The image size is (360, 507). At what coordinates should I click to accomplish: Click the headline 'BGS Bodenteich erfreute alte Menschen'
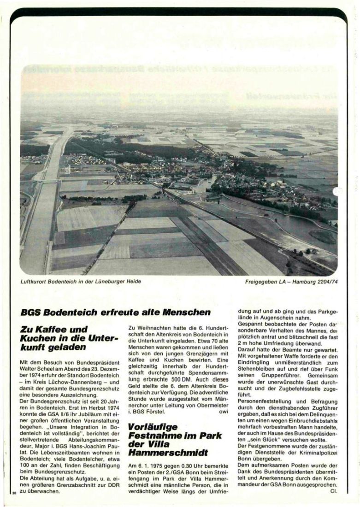(116, 312)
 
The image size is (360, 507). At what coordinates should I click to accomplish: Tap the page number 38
(14, 492)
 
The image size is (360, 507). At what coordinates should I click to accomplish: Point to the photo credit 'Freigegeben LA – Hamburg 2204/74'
(291, 281)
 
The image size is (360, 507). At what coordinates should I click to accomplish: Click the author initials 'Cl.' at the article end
(334, 491)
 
